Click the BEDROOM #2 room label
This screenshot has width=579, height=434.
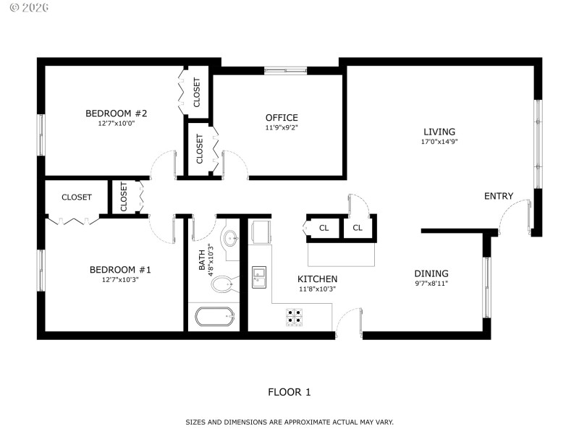[x=116, y=114]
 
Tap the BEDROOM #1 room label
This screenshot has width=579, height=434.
[x=119, y=270]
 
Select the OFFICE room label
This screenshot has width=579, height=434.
[x=281, y=118]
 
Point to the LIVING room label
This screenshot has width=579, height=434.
[x=439, y=132]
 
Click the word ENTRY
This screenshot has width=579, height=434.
[x=499, y=196]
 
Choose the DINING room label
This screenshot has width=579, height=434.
[x=431, y=273]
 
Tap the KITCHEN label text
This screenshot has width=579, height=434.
[x=317, y=278]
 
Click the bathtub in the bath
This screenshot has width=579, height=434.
[x=216, y=317]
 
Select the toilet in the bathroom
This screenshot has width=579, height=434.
[x=224, y=284]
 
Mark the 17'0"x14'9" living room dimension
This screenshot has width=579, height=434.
[x=439, y=142]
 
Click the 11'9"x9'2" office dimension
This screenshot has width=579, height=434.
[x=281, y=127]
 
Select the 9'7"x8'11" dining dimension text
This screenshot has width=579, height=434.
[x=431, y=284]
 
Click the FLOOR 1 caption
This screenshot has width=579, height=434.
[x=289, y=392]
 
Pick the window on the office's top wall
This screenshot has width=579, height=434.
[x=285, y=70]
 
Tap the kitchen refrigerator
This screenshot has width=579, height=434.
[x=261, y=232]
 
